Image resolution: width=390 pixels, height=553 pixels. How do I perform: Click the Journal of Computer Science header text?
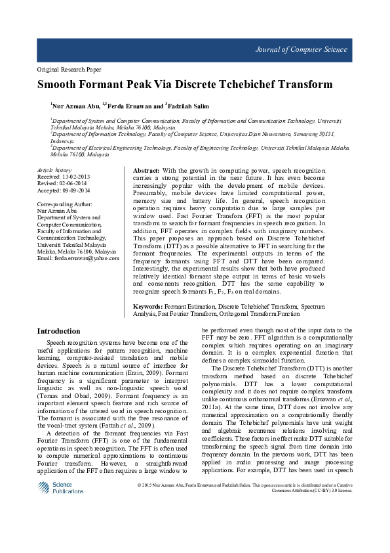(311, 50)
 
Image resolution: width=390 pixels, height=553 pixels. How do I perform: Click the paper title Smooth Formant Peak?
(185, 85)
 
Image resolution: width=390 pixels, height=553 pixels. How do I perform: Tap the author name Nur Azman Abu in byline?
(75, 105)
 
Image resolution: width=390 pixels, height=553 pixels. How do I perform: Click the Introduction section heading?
(58, 331)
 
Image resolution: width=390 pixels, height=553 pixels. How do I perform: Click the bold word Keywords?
(147, 307)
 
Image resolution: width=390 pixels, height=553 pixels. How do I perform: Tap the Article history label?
(54, 170)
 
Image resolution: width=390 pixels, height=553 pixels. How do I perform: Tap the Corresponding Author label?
(65, 205)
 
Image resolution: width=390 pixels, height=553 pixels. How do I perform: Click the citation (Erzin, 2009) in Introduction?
(141, 373)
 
